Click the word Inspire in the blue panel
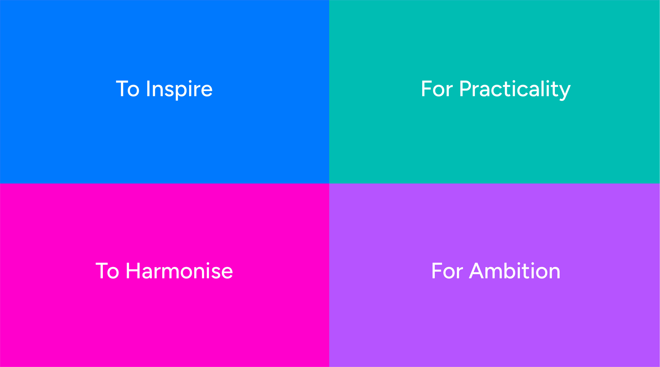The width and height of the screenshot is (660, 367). coord(179,90)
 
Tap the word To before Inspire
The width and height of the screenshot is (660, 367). coord(128,89)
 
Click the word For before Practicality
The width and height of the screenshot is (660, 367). coord(437,89)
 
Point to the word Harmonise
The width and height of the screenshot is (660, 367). coord(179,271)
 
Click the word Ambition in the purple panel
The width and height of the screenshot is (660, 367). coord(515,271)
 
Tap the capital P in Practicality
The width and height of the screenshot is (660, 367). coord(466,89)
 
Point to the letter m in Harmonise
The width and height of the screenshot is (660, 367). coord(169,273)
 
